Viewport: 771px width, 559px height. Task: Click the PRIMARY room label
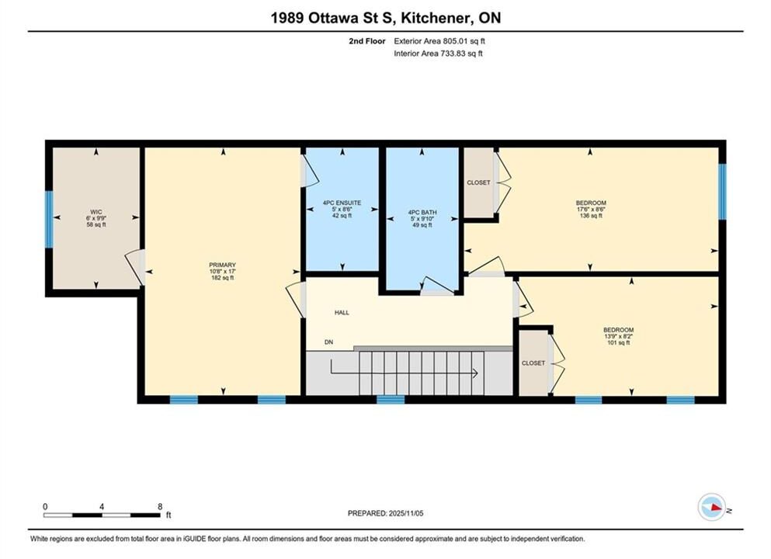(x=222, y=265)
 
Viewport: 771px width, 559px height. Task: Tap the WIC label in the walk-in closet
(x=96, y=212)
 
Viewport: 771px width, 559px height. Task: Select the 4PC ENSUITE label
(x=342, y=203)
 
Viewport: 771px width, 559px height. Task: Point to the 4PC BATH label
(x=422, y=213)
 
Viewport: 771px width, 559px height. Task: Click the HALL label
(x=342, y=312)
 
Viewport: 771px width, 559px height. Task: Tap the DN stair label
(x=328, y=342)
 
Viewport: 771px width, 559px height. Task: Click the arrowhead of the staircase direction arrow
(x=476, y=373)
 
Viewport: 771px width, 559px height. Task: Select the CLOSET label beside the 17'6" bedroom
(x=478, y=182)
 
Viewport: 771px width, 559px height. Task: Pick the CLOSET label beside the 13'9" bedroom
(x=533, y=363)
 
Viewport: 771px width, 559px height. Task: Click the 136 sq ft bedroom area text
(x=591, y=215)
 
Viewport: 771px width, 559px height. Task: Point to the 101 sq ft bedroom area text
(x=619, y=342)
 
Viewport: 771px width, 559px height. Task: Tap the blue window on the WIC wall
(x=49, y=219)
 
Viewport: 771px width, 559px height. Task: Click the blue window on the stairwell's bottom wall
(x=391, y=400)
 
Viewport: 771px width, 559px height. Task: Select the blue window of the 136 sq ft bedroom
(x=722, y=191)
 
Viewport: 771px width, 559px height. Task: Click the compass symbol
(x=711, y=507)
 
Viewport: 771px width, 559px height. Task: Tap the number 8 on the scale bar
(x=160, y=506)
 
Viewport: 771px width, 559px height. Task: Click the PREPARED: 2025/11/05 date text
(x=385, y=513)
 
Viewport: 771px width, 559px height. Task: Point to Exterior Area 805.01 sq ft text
(x=439, y=41)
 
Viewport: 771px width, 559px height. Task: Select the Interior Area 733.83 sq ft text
(x=438, y=54)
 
